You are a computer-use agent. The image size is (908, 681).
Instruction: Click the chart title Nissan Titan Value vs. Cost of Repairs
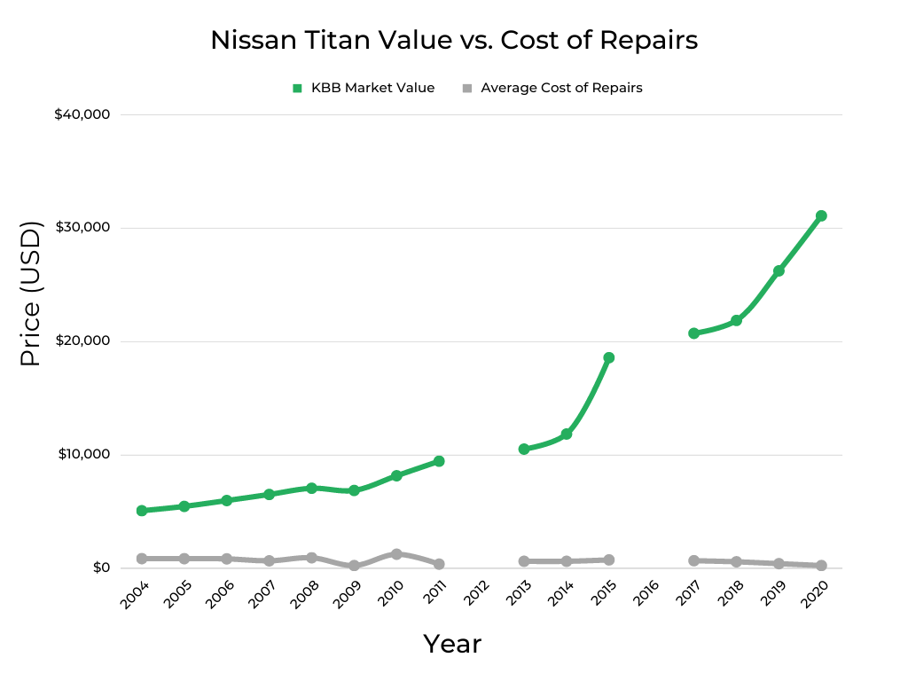[x=453, y=41]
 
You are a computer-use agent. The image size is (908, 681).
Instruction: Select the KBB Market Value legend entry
[x=364, y=88]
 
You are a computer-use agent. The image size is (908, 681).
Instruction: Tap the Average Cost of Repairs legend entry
[x=552, y=88]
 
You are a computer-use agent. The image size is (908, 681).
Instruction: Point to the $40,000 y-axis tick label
[x=82, y=114]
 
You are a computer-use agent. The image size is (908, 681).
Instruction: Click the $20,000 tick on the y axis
[x=82, y=341]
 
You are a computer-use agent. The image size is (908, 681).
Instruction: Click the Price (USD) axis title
[x=31, y=294]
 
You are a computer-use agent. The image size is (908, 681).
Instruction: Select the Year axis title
[x=452, y=644]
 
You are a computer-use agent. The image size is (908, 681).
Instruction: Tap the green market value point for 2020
[x=821, y=215]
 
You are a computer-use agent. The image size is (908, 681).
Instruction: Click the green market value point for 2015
[x=608, y=358]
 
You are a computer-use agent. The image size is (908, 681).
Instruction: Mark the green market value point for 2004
[x=142, y=511]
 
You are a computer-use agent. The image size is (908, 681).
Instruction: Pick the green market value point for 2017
[x=693, y=333]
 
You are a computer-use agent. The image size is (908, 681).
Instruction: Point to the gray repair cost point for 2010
[x=396, y=554]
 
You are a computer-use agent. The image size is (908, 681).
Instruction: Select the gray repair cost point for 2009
[x=354, y=566]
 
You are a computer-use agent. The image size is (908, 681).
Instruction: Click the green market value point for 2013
[x=524, y=450]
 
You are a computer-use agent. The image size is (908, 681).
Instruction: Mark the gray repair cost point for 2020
[x=821, y=566]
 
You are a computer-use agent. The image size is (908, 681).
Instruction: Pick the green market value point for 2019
[x=779, y=270]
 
